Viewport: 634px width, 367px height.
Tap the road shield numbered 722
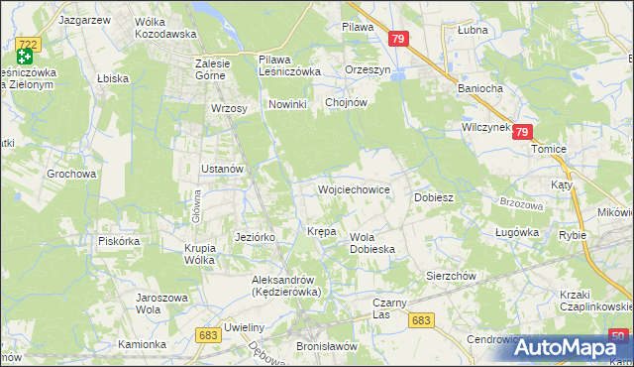(28, 43)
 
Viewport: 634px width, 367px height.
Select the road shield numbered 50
(619, 336)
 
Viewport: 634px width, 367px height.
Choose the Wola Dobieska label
(373, 243)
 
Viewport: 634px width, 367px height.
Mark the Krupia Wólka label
(199, 254)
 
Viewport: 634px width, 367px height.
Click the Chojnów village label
(347, 102)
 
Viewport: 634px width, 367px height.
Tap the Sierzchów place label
(452, 276)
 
